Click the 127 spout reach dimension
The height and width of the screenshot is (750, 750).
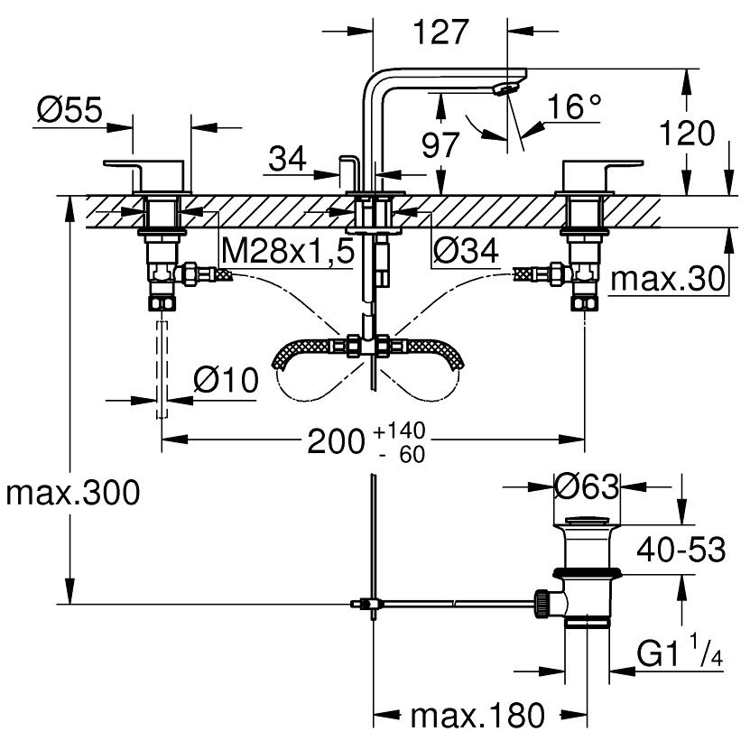pos(440,32)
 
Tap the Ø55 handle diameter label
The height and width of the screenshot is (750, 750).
pos(69,109)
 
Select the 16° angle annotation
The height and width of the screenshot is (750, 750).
pos(574,106)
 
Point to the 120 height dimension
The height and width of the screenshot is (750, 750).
pos(687,133)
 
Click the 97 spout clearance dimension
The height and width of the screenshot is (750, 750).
pos(440,145)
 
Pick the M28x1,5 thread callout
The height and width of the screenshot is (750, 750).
pos(288,250)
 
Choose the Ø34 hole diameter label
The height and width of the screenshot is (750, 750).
pos(466,250)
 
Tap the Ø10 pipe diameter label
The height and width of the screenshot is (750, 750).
pos(226,380)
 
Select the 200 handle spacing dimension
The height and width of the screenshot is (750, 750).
pos(337,441)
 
